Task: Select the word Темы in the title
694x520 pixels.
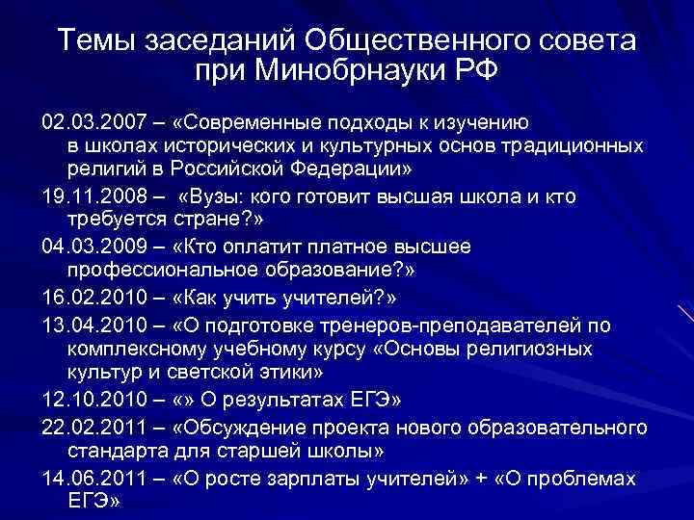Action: coord(95,41)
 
